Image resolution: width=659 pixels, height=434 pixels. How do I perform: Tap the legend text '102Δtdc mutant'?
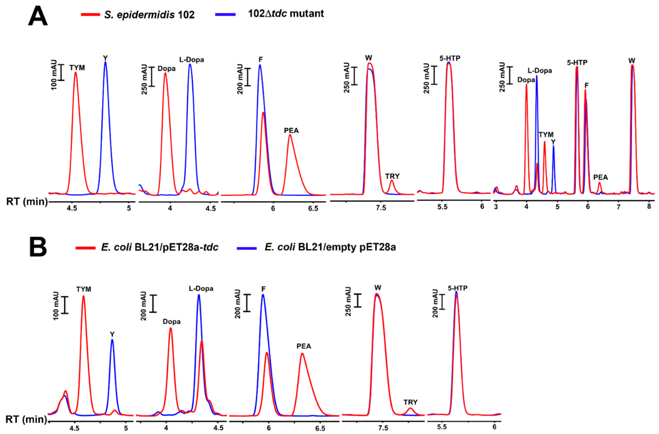click(286, 13)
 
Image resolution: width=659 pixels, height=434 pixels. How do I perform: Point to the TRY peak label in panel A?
click(392, 176)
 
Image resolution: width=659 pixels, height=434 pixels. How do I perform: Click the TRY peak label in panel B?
click(410, 402)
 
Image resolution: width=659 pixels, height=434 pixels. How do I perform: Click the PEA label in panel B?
click(304, 346)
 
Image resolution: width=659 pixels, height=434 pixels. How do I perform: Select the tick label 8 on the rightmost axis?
click(649, 207)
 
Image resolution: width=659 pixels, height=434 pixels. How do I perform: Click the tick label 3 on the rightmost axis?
click(496, 207)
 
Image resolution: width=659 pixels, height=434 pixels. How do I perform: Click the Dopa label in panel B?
click(172, 322)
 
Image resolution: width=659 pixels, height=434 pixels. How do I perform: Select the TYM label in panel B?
click(84, 289)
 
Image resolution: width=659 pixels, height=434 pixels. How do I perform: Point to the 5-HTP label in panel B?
click(458, 288)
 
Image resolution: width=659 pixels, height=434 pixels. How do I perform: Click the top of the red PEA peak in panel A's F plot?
click(290, 135)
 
